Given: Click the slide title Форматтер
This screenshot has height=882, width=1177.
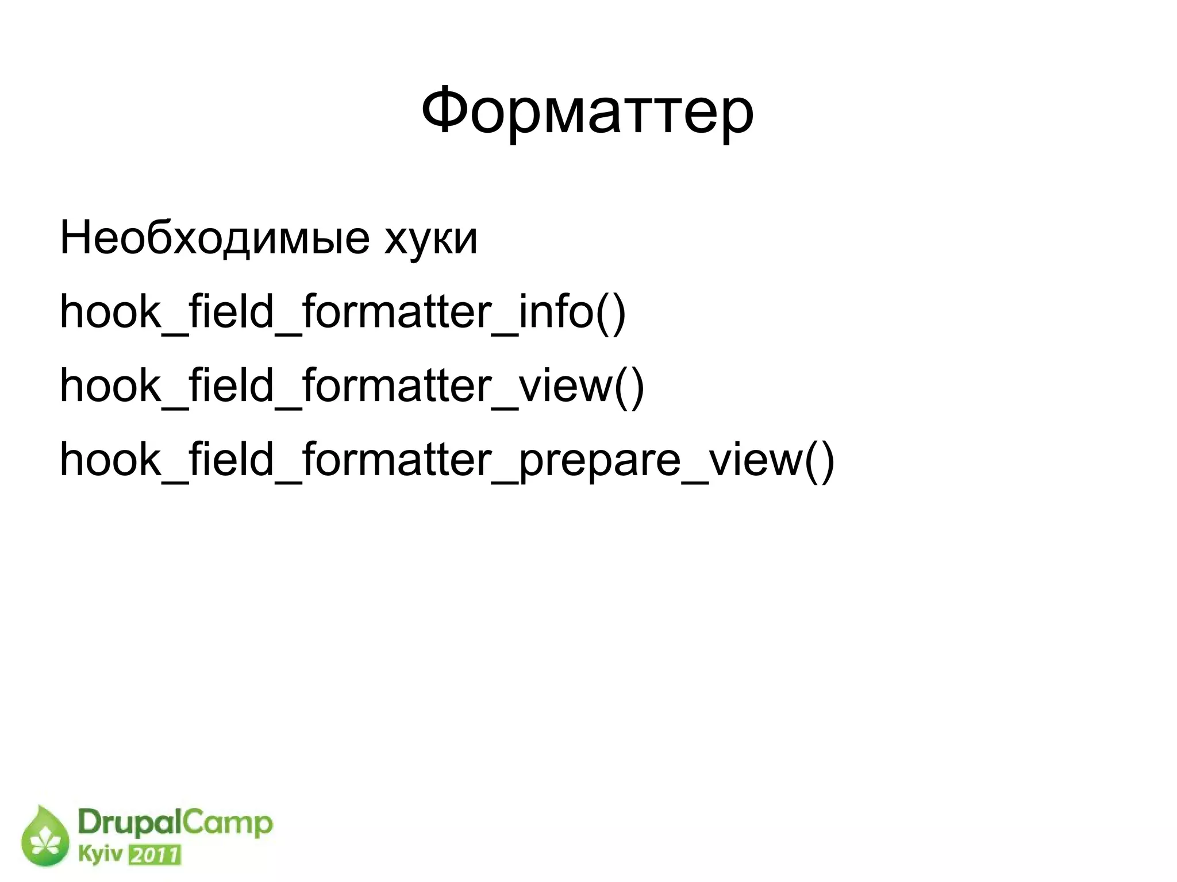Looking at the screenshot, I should click(x=587, y=111).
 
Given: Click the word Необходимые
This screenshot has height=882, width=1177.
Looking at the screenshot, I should click(x=214, y=237).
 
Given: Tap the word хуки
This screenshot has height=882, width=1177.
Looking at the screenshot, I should click(x=431, y=238).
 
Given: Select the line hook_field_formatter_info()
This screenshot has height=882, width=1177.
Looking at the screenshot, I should click(x=343, y=312).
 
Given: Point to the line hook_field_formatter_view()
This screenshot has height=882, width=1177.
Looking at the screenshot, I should click(x=352, y=386).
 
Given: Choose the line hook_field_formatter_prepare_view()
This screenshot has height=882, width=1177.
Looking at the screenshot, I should click(x=447, y=460).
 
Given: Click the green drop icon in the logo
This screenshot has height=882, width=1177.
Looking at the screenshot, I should click(x=44, y=836).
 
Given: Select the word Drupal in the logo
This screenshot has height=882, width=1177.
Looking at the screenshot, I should click(x=130, y=824).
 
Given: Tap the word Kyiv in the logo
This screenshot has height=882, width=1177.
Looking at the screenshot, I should click(x=100, y=854).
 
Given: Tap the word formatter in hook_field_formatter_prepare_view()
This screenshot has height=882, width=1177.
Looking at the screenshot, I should click(x=397, y=460).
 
